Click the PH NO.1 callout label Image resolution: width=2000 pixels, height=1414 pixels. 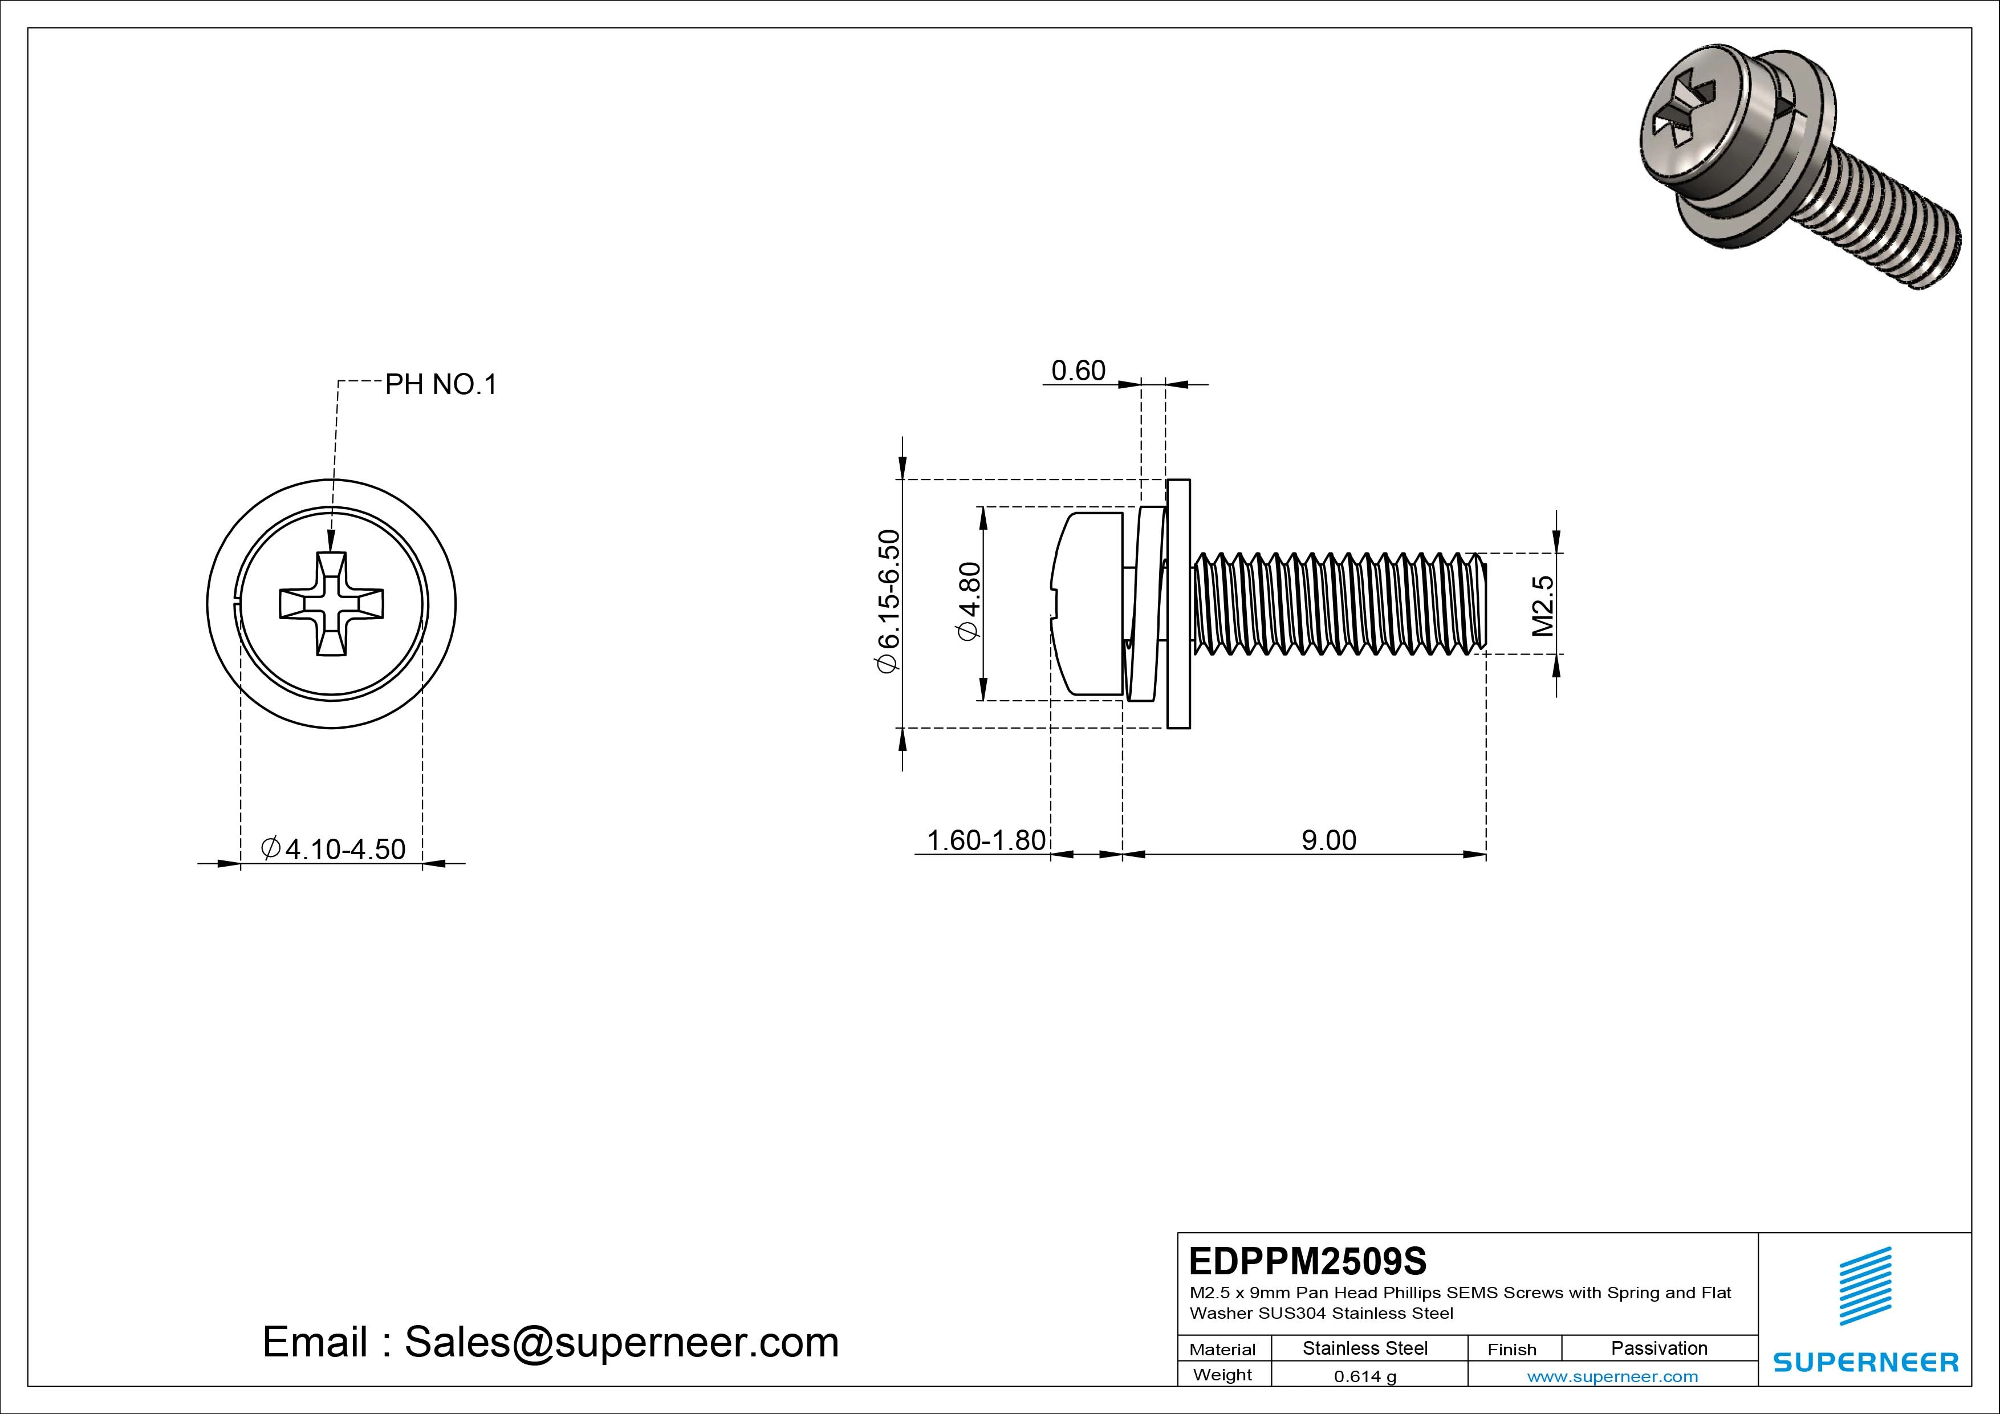[441, 384]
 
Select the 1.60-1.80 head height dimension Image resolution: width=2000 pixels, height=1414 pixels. [985, 841]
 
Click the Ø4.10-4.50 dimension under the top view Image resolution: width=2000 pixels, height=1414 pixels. [334, 848]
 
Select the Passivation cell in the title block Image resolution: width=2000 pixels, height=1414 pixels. [1658, 1348]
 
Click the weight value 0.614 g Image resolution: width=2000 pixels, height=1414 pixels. [1365, 1376]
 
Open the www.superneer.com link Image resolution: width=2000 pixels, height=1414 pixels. [1612, 1376]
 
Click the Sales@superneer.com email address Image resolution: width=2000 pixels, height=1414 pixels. [621, 1343]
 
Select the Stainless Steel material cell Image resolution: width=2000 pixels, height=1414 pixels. [1365, 1348]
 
